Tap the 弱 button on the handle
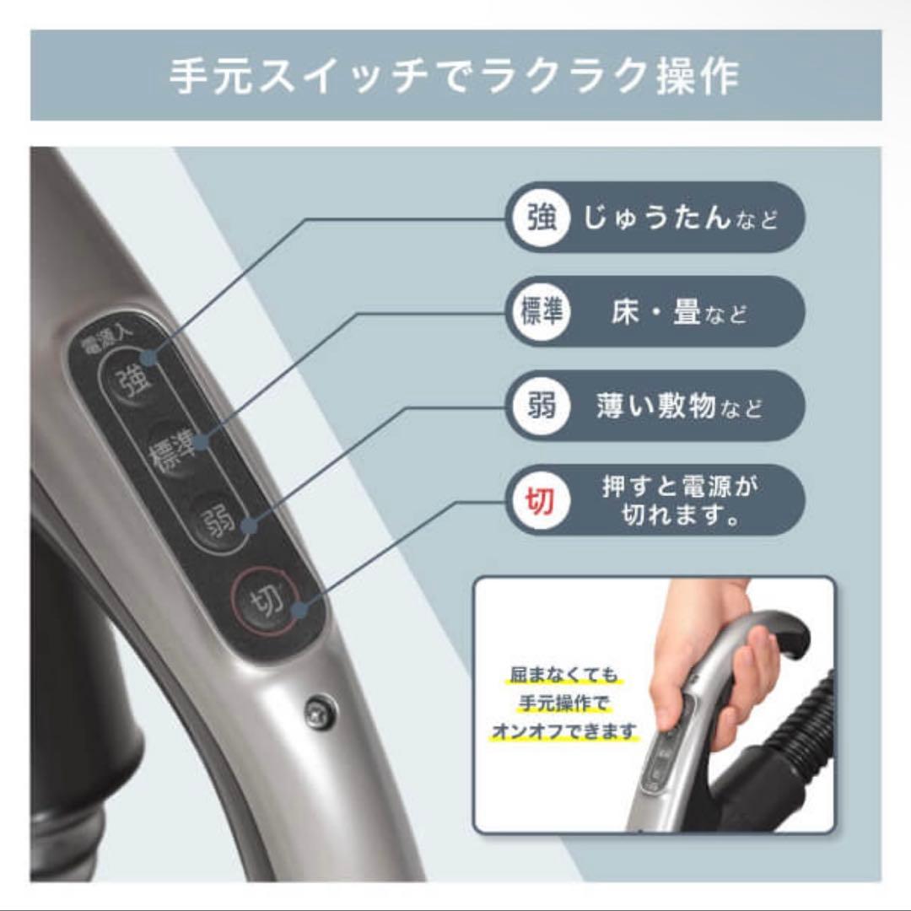coord(218,521)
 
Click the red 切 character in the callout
coord(540,501)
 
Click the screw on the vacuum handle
coord(320,711)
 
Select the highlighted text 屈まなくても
coord(563,677)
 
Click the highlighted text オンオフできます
coord(563,730)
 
